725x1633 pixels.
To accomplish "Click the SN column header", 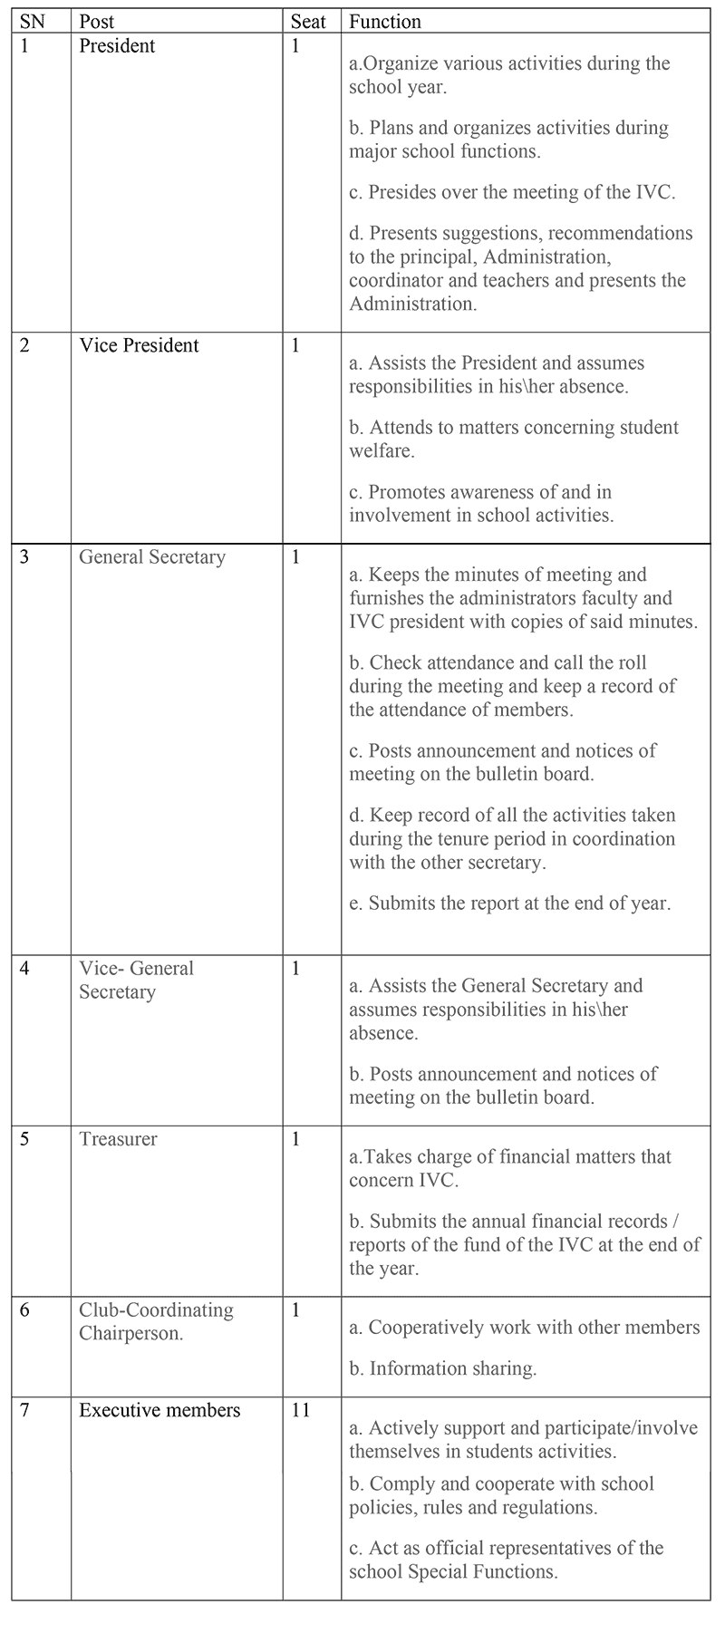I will (x=32, y=21).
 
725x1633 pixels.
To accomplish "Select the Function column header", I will (x=385, y=21).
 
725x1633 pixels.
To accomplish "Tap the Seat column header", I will (x=308, y=21).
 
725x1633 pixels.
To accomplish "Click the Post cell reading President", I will (x=117, y=45).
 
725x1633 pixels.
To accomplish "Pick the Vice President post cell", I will (x=139, y=345).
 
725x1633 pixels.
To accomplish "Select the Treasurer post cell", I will (x=118, y=1139).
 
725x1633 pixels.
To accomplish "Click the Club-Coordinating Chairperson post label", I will (x=156, y=1321).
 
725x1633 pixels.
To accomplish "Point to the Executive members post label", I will (x=159, y=1410).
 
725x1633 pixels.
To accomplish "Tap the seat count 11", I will (x=301, y=1410).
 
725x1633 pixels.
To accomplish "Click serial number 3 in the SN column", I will (x=24, y=556).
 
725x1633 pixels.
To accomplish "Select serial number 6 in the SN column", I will (x=24, y=1309).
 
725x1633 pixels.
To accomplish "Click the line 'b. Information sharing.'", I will (x=443, y=1368).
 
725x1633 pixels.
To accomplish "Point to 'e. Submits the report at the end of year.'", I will (x=510, y=903).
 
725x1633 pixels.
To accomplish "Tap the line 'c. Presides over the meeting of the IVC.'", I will (x=512, y=192).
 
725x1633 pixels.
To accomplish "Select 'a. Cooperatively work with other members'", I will (x=525, y=1328).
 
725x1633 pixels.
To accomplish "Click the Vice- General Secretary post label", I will (x=136, y=980).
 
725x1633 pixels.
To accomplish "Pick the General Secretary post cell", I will (x=152, y=556).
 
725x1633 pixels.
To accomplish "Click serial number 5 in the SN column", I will (x=24, y=1139).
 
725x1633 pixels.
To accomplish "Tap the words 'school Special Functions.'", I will (x=453, y=1571).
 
